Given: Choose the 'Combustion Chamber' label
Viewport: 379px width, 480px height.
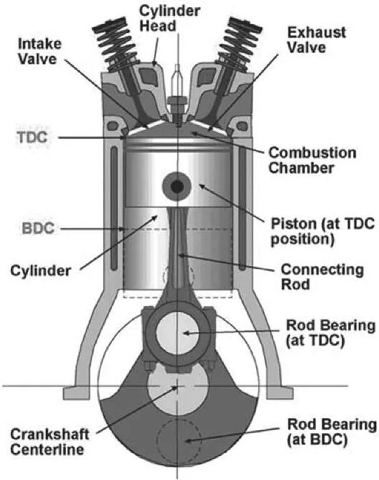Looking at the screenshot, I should tap(312, 160).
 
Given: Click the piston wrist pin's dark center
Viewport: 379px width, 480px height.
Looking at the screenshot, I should tap(178, 186).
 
